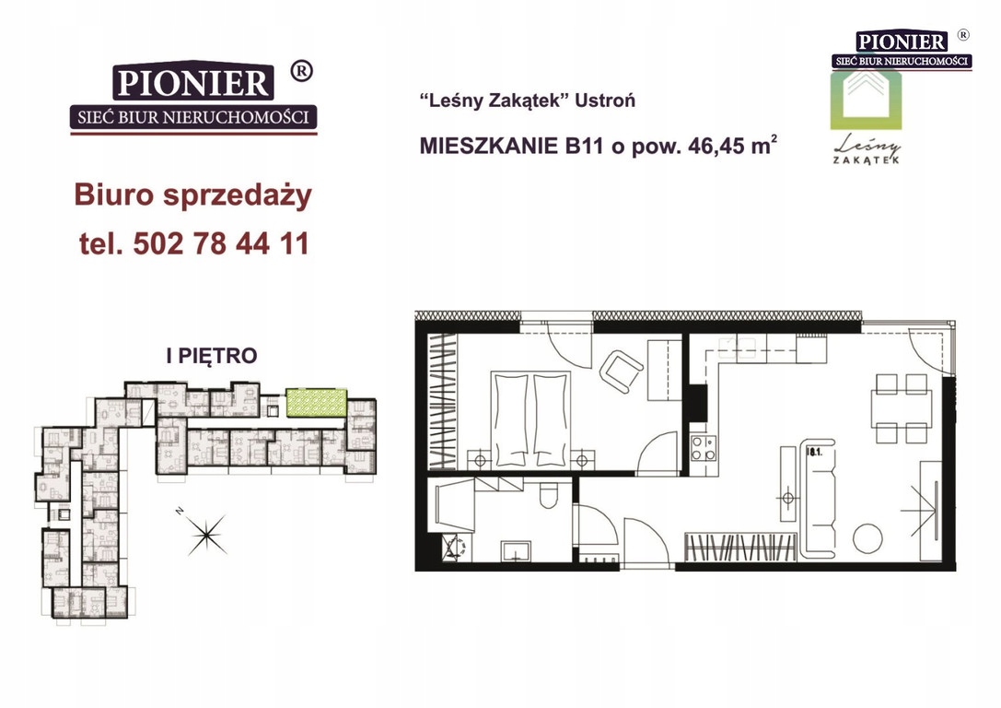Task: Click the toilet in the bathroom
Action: pyautogui.click(x=548, y=494)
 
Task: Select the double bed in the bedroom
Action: pyautogui.click(x=530, y=419)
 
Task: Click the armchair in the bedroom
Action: pyautogui.click(x=621, y=372)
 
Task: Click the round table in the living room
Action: pyautogui.click(x=867, y=538)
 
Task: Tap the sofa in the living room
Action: pyautogui.click(x=819, y=497)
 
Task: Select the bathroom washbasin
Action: pyautogui.click(x=516, y=550)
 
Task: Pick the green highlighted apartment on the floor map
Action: pyautogui.click(x=316, y=403)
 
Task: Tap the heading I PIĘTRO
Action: pyautogui.click(x=212, y=356)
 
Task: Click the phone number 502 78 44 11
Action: pyautogui.click(x=221, y=243)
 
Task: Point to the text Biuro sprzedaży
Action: pyautogui.click(x=192, y=195)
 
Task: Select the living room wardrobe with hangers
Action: pyautogui.click(x=740, y=547)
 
